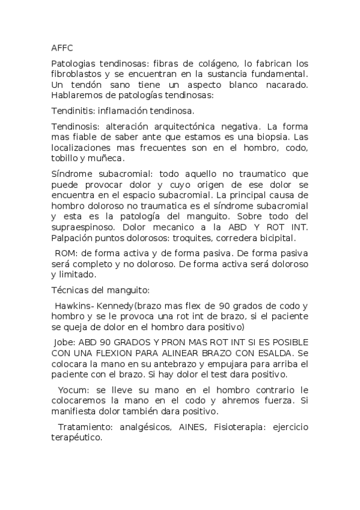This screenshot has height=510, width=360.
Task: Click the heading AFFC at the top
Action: [62, 48]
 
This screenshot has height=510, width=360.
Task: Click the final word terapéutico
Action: [76, 439]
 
